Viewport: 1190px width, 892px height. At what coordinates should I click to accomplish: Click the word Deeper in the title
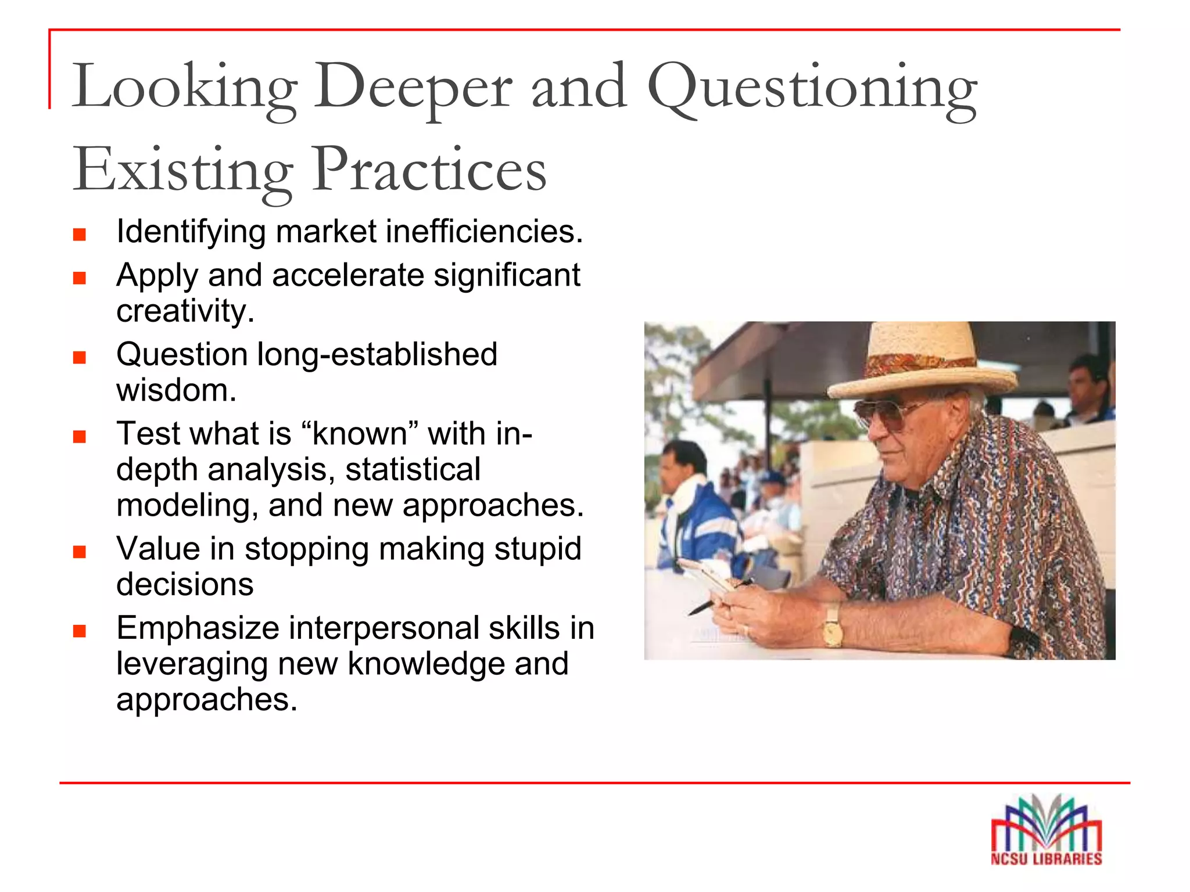pos(413,87)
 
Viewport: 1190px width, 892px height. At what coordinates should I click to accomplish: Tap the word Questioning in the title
pos(812,87)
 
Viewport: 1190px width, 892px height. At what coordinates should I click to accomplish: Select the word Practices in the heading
pos(429,170)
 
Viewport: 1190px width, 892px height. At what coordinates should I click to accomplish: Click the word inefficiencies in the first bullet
pos(484,232)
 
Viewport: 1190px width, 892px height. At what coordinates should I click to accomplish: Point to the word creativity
pos(185,311)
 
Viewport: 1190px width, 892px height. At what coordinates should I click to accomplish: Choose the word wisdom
pos(176,390)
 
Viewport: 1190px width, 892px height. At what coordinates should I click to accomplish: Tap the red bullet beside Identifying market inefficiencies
pos(80,235)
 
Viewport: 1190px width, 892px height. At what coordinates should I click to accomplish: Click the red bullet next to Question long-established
pos(80,357)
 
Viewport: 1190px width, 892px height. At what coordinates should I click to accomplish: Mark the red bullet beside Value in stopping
pos(80,552)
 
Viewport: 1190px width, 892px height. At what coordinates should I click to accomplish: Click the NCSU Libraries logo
pos(1046,830)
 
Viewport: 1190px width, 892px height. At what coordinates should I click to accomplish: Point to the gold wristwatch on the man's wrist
pos(833,624)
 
